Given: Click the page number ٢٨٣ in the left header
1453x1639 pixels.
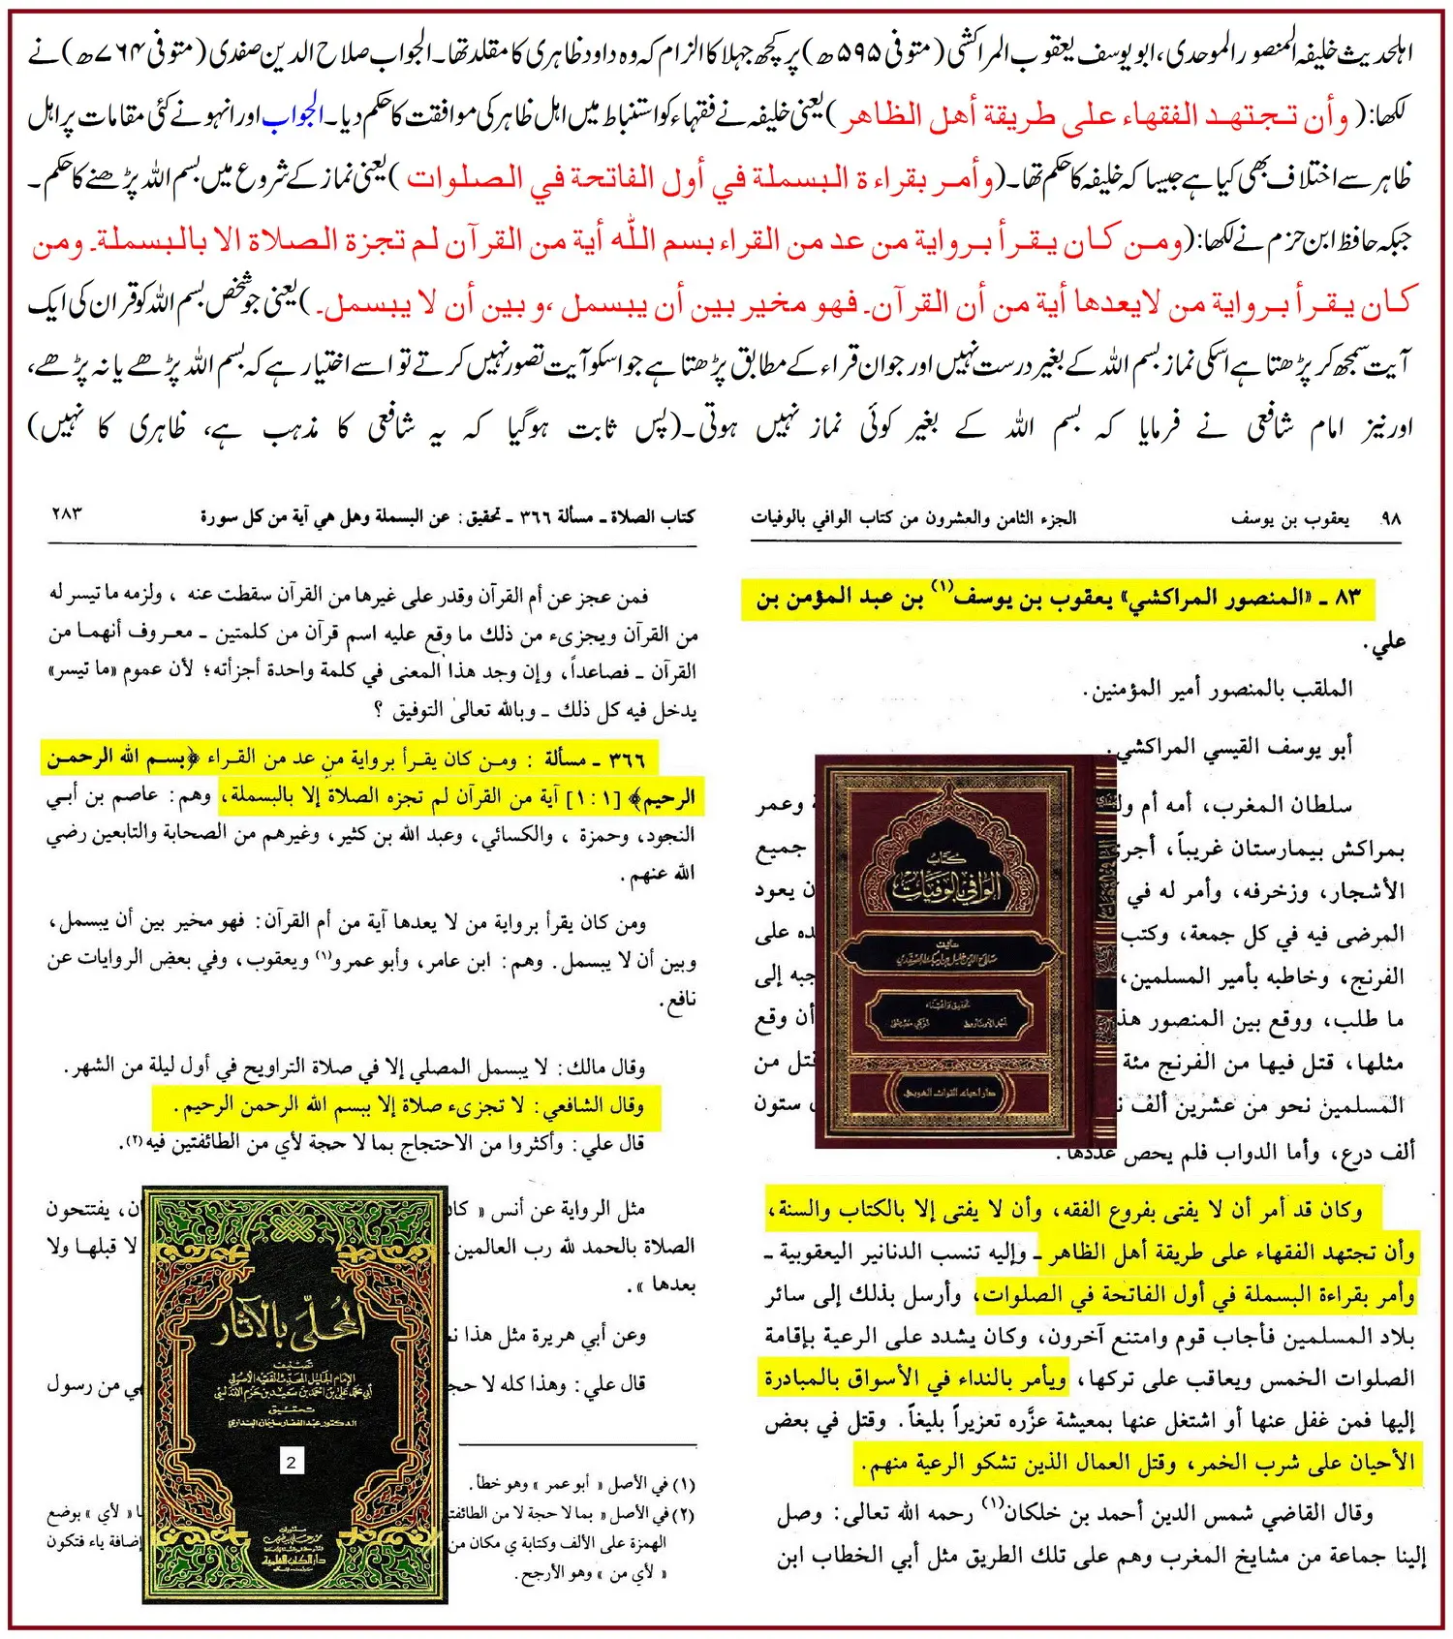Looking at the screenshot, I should (x=66, y=513).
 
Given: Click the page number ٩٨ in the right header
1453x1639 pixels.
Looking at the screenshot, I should (x=1390, y=518).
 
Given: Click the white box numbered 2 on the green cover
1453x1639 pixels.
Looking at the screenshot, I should (x=291, y=1462).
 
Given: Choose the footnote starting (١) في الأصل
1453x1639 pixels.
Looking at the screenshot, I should (x=581, y=1484).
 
